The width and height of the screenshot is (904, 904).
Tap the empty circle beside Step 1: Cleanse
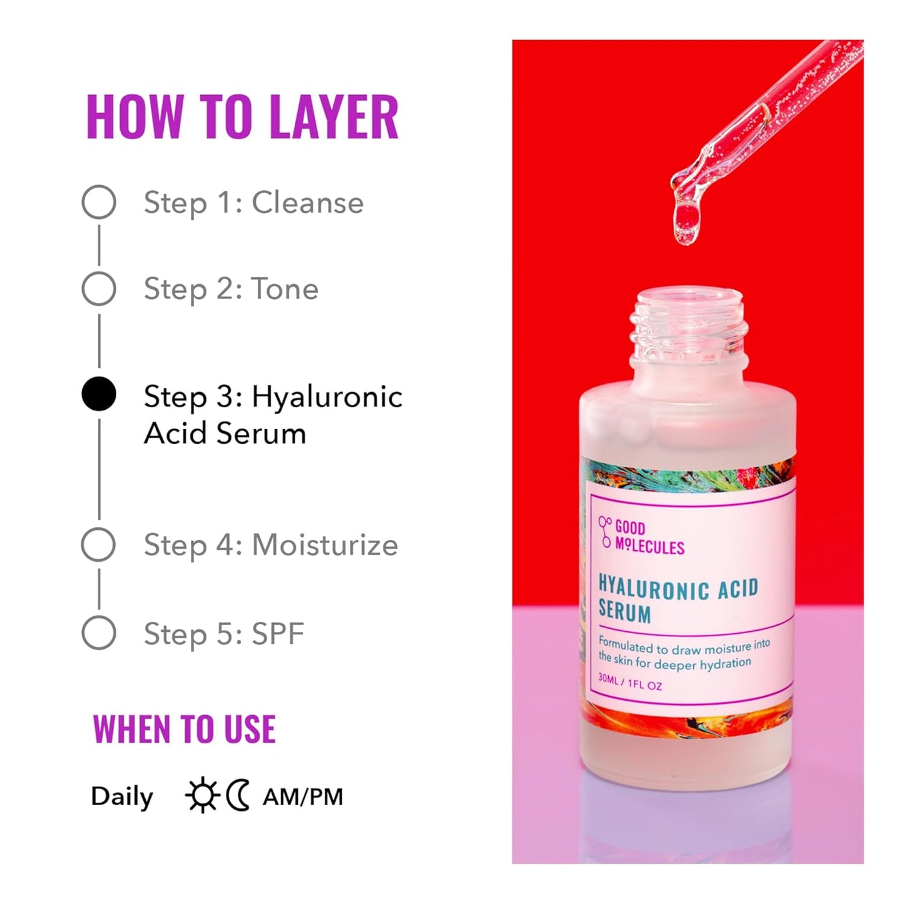tap(99, 202)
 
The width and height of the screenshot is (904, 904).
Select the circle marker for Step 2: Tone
tap(99, 288)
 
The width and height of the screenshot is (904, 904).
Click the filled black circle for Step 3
tap(99, 395)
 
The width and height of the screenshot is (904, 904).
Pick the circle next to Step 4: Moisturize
tap(99, 544)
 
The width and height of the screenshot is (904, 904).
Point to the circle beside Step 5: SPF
tap(99, 632)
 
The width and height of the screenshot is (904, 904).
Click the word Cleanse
tap(307, 203)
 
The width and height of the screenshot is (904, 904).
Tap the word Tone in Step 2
tap(285, 289)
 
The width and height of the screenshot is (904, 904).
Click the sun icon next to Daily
tap(201, 796)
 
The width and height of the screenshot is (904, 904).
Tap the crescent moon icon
tap(238, 796)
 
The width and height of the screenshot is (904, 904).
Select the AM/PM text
tap(303, 797)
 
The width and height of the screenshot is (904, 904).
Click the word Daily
tap(122, 797)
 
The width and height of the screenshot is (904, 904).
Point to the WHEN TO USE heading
tap(184, 729)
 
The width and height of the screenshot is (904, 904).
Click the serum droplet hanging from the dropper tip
tap(686, 222)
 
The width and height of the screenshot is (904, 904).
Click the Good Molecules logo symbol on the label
tap(604, 532)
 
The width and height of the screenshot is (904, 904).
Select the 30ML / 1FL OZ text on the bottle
tap(629, 682)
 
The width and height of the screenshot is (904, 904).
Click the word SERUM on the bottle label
tap(624, 612)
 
